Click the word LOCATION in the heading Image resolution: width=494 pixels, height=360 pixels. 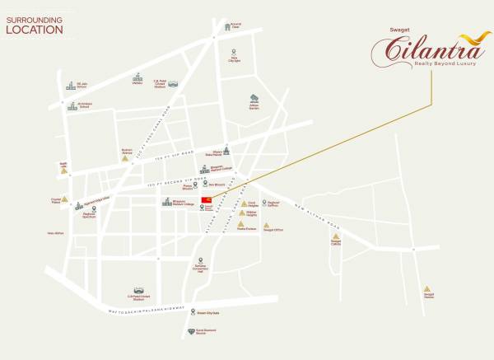35,30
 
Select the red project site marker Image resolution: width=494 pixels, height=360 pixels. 207,200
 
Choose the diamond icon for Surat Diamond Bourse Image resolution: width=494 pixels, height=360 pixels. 193,329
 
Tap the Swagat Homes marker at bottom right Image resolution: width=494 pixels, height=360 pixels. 426,289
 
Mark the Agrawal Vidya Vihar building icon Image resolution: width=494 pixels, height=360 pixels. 80,206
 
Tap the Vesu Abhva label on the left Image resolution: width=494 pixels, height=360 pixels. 55,233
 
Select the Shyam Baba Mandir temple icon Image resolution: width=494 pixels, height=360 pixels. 218,147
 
